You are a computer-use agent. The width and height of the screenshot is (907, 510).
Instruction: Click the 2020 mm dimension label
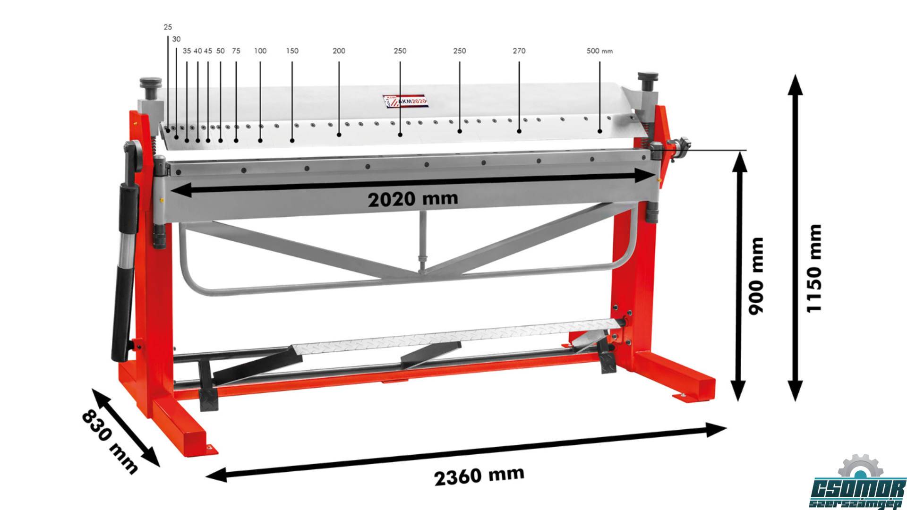(x=413, y=198)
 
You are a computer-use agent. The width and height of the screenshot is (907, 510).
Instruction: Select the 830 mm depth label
(x=110, y=442)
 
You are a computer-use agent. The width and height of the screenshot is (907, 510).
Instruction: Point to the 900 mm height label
(x=756, y=276)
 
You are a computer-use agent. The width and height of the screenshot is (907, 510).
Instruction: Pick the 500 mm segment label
(x=599, y=51)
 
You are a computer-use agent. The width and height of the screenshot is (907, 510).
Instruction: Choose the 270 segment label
(x=519, y=51)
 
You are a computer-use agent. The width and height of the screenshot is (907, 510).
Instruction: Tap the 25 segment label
(x=168, y=27)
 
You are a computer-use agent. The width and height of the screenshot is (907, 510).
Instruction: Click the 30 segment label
(x=176, y=39)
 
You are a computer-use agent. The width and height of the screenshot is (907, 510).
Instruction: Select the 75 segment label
(x=236, y=51)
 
